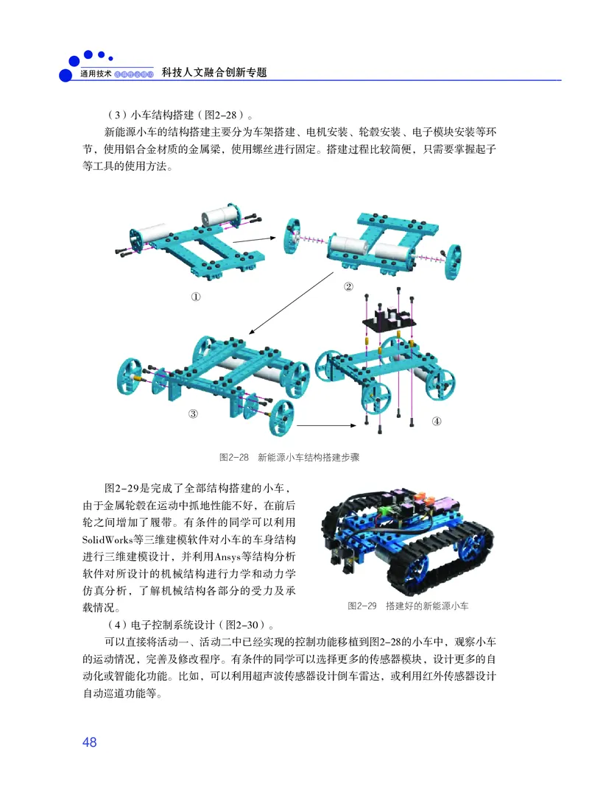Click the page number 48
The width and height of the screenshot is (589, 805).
tap(90, 742)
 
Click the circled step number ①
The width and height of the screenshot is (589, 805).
tap(196, 297)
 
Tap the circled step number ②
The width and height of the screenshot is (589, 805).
tap(348, 286)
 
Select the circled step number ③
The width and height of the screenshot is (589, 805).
tap(194, 414)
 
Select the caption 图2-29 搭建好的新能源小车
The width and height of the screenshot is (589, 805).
tap(408, 606)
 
